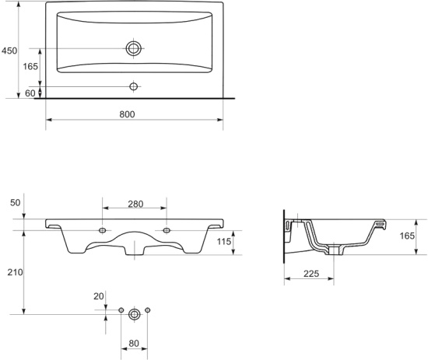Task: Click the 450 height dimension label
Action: click(x=9, y=51)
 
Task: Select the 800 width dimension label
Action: click(x=127, y=114)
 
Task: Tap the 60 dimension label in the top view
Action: click(x=30, y=93)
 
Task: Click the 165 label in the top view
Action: click(x=30, y=66)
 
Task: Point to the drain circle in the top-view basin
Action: click(x=134, y=48)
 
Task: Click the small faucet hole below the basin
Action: click(x=134, y=86)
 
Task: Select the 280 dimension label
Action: click(x=135, y=204)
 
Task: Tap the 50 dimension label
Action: click(x=16, y=203)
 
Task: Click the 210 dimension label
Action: click(x=15, y=272)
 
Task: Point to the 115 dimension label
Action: click(x=224, y=241)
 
